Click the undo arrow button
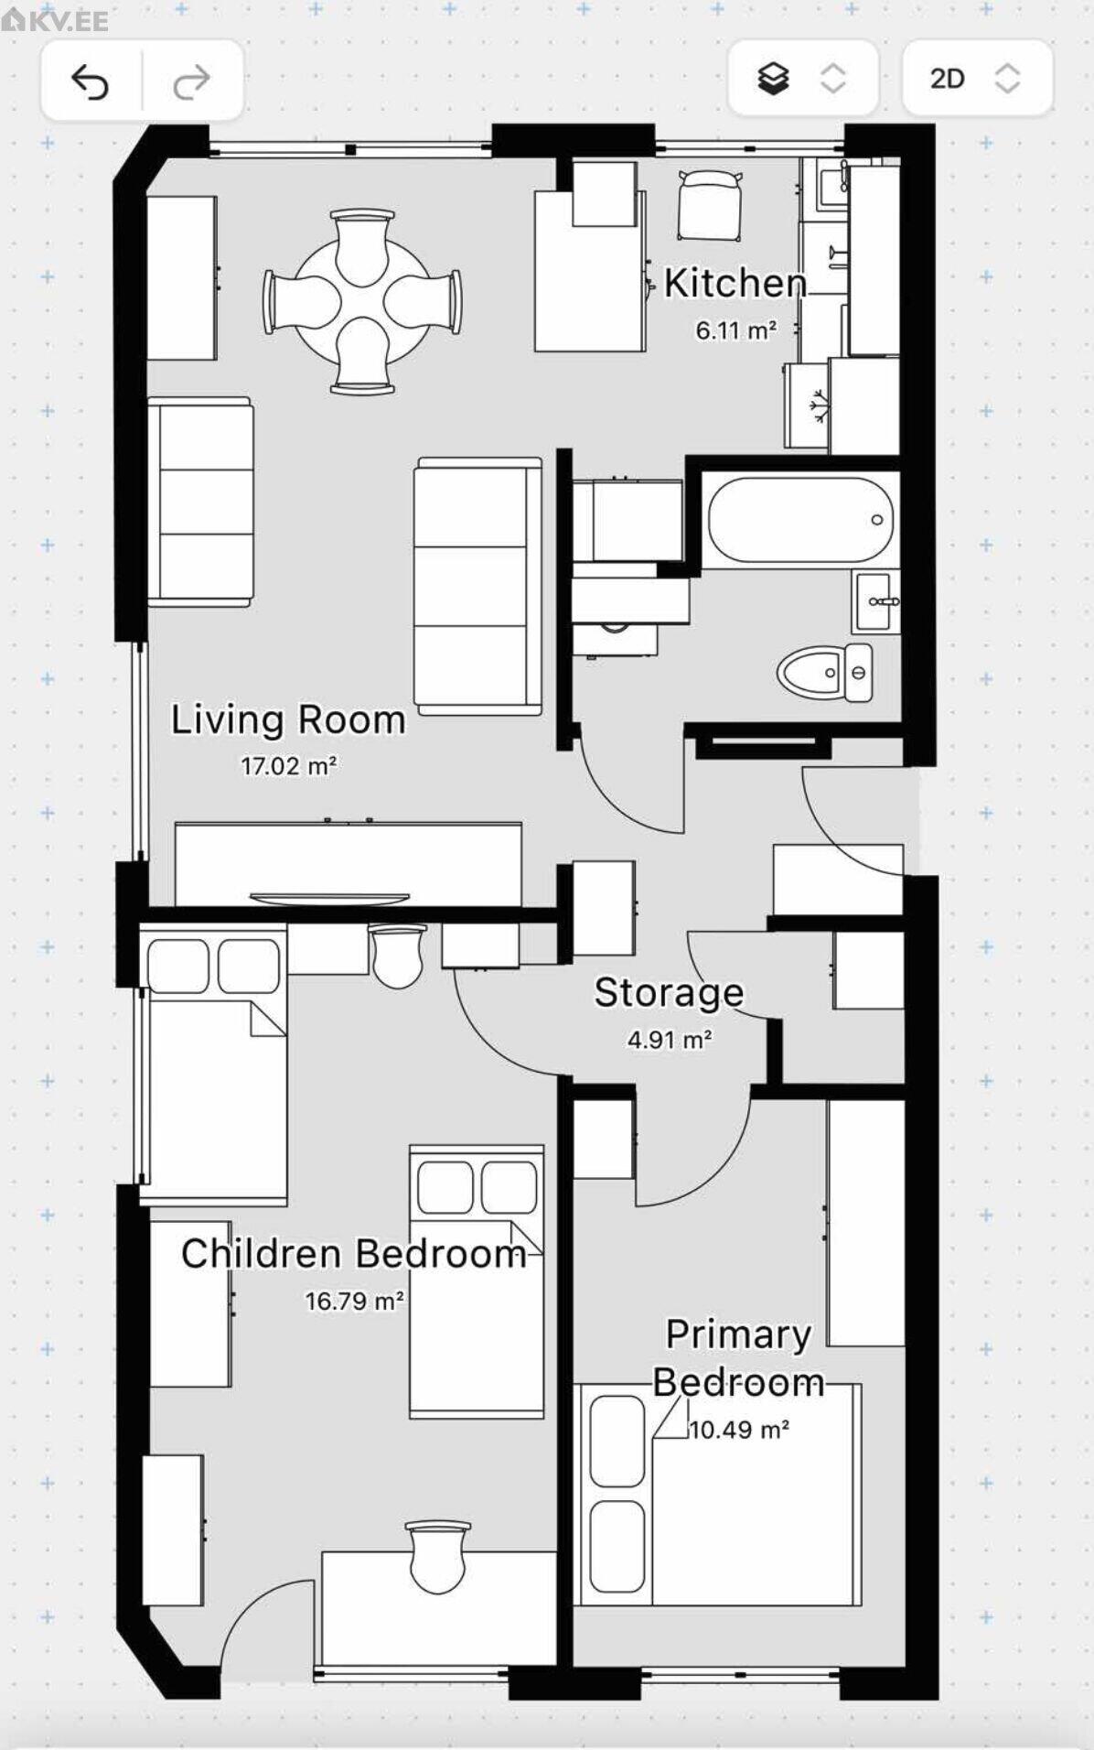point(91,81)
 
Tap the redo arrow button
point(191,81)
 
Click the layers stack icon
point(774,79)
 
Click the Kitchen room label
point(735,283)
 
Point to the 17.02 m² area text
point(289,765)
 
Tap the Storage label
point(669,992)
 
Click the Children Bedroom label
point(354,1253)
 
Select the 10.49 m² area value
point(739,1429)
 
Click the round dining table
point(362,301)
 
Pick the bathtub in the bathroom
point(800,519)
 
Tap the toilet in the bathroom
point(825,673)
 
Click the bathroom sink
point(876,601)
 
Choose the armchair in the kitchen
point(710,206)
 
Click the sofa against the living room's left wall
point(200,502)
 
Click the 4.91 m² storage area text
point(670,1040)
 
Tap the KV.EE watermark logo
point(55,20)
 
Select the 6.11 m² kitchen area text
point(736,329)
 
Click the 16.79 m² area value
point(355,1301)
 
